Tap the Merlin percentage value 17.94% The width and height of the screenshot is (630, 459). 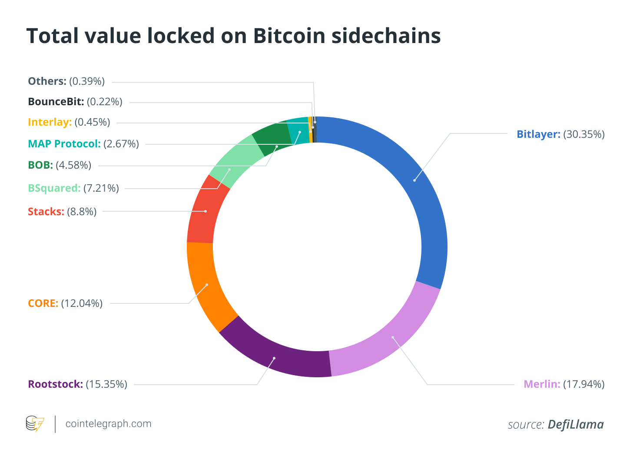tap(584, 384)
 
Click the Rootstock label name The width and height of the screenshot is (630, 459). tap(56, 384)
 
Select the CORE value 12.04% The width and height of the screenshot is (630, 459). tap(82, 303)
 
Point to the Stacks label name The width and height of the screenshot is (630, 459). tap(46, 212)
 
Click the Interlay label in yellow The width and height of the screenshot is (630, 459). tap(50, 123)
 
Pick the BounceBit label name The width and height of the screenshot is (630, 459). tap(56, 102)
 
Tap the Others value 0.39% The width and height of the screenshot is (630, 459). tap(87, 81)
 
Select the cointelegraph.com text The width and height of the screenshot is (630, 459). tap(108, 424)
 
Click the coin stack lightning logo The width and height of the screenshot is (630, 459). tap(35, 423)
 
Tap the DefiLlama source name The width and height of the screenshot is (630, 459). tap(576, 424)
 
